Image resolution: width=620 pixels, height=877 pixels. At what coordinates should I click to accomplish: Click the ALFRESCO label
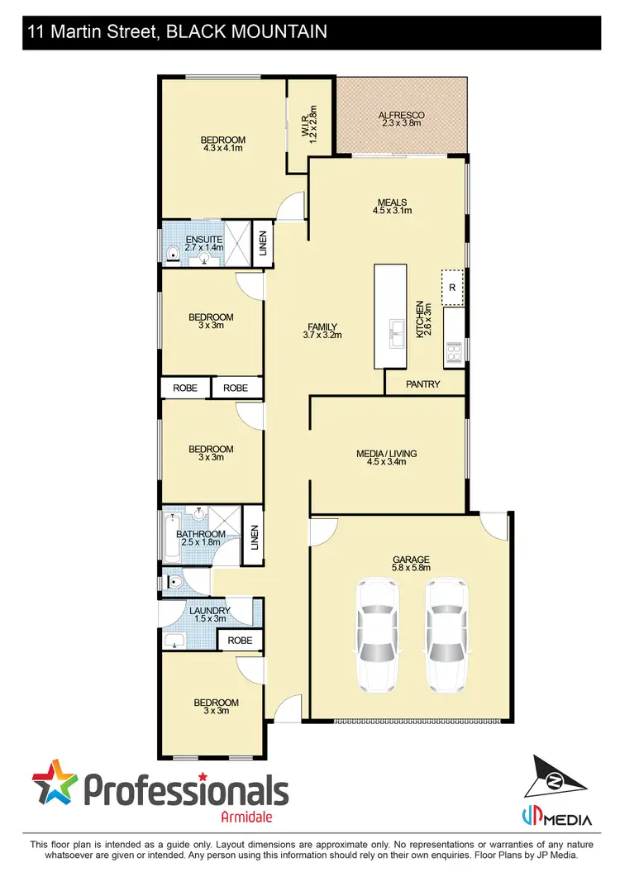click(x=401, y=115)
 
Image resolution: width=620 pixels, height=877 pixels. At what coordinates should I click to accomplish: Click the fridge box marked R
click(x=452, y=287)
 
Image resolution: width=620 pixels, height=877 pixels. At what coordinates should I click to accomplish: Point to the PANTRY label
click(x=423, y=384)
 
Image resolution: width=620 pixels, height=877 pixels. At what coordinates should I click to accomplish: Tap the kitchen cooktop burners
click(x=453, y=353)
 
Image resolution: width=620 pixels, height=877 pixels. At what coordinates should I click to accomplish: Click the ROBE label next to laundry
click(x=240, y=640)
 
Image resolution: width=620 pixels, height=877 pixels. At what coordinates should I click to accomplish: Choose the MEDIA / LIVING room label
click(x=386, y=454)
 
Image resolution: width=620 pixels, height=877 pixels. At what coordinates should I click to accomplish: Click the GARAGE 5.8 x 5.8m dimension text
click(x=411, y=569)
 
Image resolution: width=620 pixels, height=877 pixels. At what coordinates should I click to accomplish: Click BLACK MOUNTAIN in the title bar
click(x=246, y=32)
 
